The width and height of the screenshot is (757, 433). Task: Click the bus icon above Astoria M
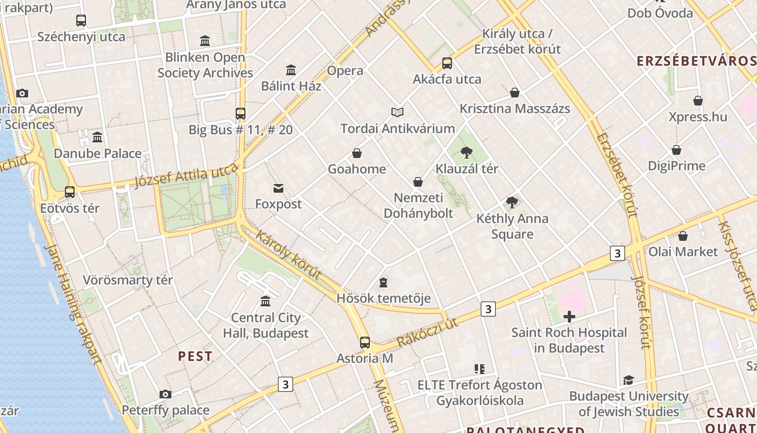pos(365,342)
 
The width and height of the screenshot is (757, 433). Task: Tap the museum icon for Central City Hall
pos(265,301)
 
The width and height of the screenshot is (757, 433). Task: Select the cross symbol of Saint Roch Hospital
pos(569,316)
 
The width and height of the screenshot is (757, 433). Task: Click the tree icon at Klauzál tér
pos(467,153)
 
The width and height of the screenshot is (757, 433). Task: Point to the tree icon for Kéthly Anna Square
pos(512,202)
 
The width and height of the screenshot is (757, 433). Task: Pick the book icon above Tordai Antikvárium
pos(397,112)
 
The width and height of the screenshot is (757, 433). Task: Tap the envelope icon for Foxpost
pos(278,188)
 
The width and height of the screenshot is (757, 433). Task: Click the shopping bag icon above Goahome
pos(357,153)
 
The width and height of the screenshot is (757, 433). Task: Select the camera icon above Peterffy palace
pos(165,394)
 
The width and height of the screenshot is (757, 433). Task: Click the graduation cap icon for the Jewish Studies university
pos(628,380)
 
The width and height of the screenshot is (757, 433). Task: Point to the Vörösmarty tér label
pos(128,280)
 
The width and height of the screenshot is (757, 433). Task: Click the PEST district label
pos(195,356)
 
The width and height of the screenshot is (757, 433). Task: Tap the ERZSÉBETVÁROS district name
pos(696,60)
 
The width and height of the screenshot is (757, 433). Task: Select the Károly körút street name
pos(288,255)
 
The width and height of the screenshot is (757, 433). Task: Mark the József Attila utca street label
pos(185,175)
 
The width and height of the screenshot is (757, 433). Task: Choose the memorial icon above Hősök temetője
pos(383,282)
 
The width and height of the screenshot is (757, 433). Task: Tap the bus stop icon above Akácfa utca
pos(447,63)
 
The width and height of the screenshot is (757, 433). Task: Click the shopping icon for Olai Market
pos(683,236)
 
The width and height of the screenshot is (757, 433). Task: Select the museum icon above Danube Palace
pos(97,137)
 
